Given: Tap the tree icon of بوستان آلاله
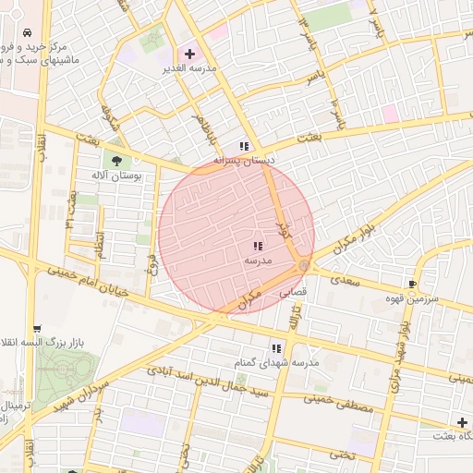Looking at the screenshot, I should point(117,159).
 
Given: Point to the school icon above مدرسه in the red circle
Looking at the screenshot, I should point(257,246).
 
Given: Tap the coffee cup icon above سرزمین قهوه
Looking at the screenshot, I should point(413,285).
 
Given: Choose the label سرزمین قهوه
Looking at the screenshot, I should point(440,300).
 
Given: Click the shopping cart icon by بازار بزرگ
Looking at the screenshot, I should point(37,328).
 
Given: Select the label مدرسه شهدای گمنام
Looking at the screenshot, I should point(276,363).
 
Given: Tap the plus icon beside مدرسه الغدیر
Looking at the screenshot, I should point(190,55).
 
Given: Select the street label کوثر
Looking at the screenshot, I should point(284,214).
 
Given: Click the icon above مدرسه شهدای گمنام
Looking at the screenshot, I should point(276,348).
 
